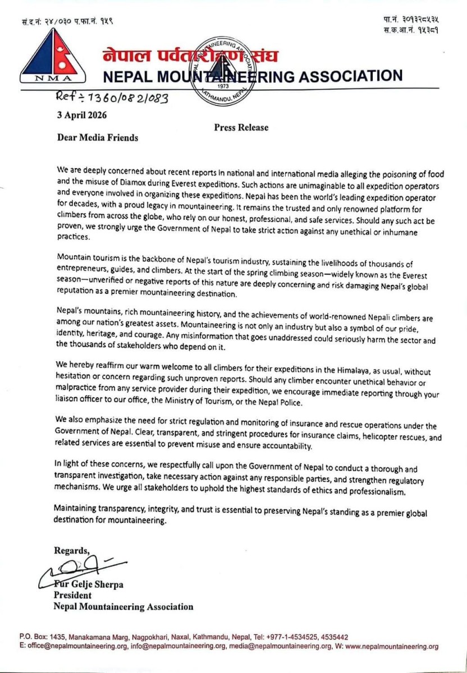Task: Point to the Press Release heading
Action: tap(241, 127)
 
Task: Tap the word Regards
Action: tap(71, 550)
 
